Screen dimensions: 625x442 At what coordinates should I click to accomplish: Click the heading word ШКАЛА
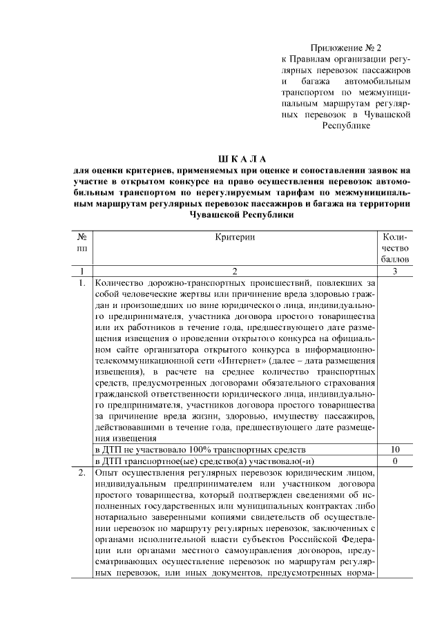241,160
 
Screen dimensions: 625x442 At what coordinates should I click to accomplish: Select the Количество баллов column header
394,247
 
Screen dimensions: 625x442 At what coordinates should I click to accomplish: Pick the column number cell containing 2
235,271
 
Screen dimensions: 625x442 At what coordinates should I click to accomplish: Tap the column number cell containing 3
394,271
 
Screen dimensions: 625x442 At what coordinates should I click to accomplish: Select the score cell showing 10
394,449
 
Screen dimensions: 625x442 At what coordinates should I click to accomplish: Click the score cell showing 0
394,460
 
